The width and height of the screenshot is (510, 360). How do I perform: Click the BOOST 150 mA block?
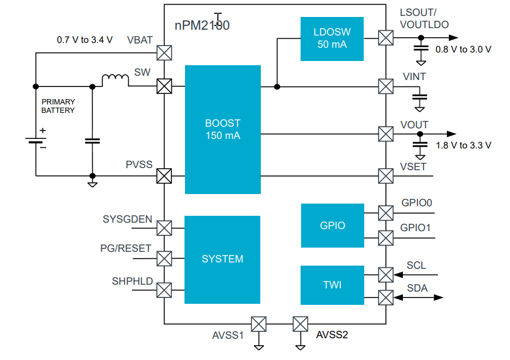223,129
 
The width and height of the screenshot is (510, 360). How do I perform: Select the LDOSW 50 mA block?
332,39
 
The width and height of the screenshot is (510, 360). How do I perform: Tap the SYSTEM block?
222,259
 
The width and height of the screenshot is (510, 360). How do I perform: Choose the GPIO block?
332,225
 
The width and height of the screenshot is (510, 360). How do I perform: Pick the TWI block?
332,285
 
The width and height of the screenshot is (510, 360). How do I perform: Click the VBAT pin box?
164,52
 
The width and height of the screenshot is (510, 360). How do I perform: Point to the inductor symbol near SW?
115,81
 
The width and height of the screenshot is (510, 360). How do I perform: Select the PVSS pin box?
164,175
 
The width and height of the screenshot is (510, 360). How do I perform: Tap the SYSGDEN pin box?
164,228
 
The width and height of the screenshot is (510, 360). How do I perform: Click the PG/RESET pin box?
164,259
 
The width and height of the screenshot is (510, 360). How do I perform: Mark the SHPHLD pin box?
164,290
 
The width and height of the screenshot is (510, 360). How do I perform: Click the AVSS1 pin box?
259,323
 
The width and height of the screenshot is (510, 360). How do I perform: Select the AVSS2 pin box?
301,323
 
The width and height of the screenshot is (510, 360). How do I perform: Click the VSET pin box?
385,175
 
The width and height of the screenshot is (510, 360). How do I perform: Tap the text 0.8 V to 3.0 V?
463,49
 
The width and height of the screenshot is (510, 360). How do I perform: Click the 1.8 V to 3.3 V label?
463,145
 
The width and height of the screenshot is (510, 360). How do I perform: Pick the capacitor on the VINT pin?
420,98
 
